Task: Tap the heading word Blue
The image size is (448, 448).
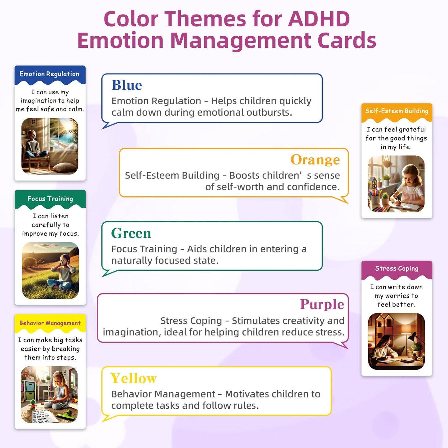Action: pyautogui.click(x=126, y=85)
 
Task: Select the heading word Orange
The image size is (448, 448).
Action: pyautogui.click(x=315, y=160)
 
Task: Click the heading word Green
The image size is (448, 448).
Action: pyautogui.click(x=131, y=233)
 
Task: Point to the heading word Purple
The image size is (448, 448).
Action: pyautogui.click(x=322, y=304)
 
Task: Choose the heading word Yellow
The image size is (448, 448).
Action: pyautogui.click(x=134, y=378)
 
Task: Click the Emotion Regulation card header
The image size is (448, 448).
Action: pyautogui.click(x=50, y=74)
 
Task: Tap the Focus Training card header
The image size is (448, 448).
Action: pyautogui.click(x=50, y=199)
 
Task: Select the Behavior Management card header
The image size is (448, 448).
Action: pyautogui.click(x=50, y=323)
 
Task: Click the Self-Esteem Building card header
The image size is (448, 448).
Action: pyautogui.click(x=397, y=111)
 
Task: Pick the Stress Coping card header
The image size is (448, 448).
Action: pyautogui.click(x=397, y=268)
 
